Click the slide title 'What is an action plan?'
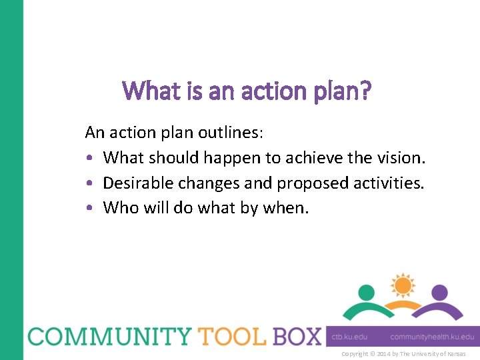point(247,91)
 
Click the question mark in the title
point(365,90)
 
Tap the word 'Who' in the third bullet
point(121,208)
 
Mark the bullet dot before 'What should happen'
point(89,159)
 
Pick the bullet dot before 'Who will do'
point(89,209)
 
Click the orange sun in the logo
point(403,285)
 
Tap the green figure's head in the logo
point(366,293)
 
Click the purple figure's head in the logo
point(439,293)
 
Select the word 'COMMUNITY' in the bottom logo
point(106,336)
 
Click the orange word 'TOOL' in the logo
point(230,336)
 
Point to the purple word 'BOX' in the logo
point(297,336)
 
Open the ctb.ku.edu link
point(349,337)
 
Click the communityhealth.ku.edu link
point(432,337)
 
